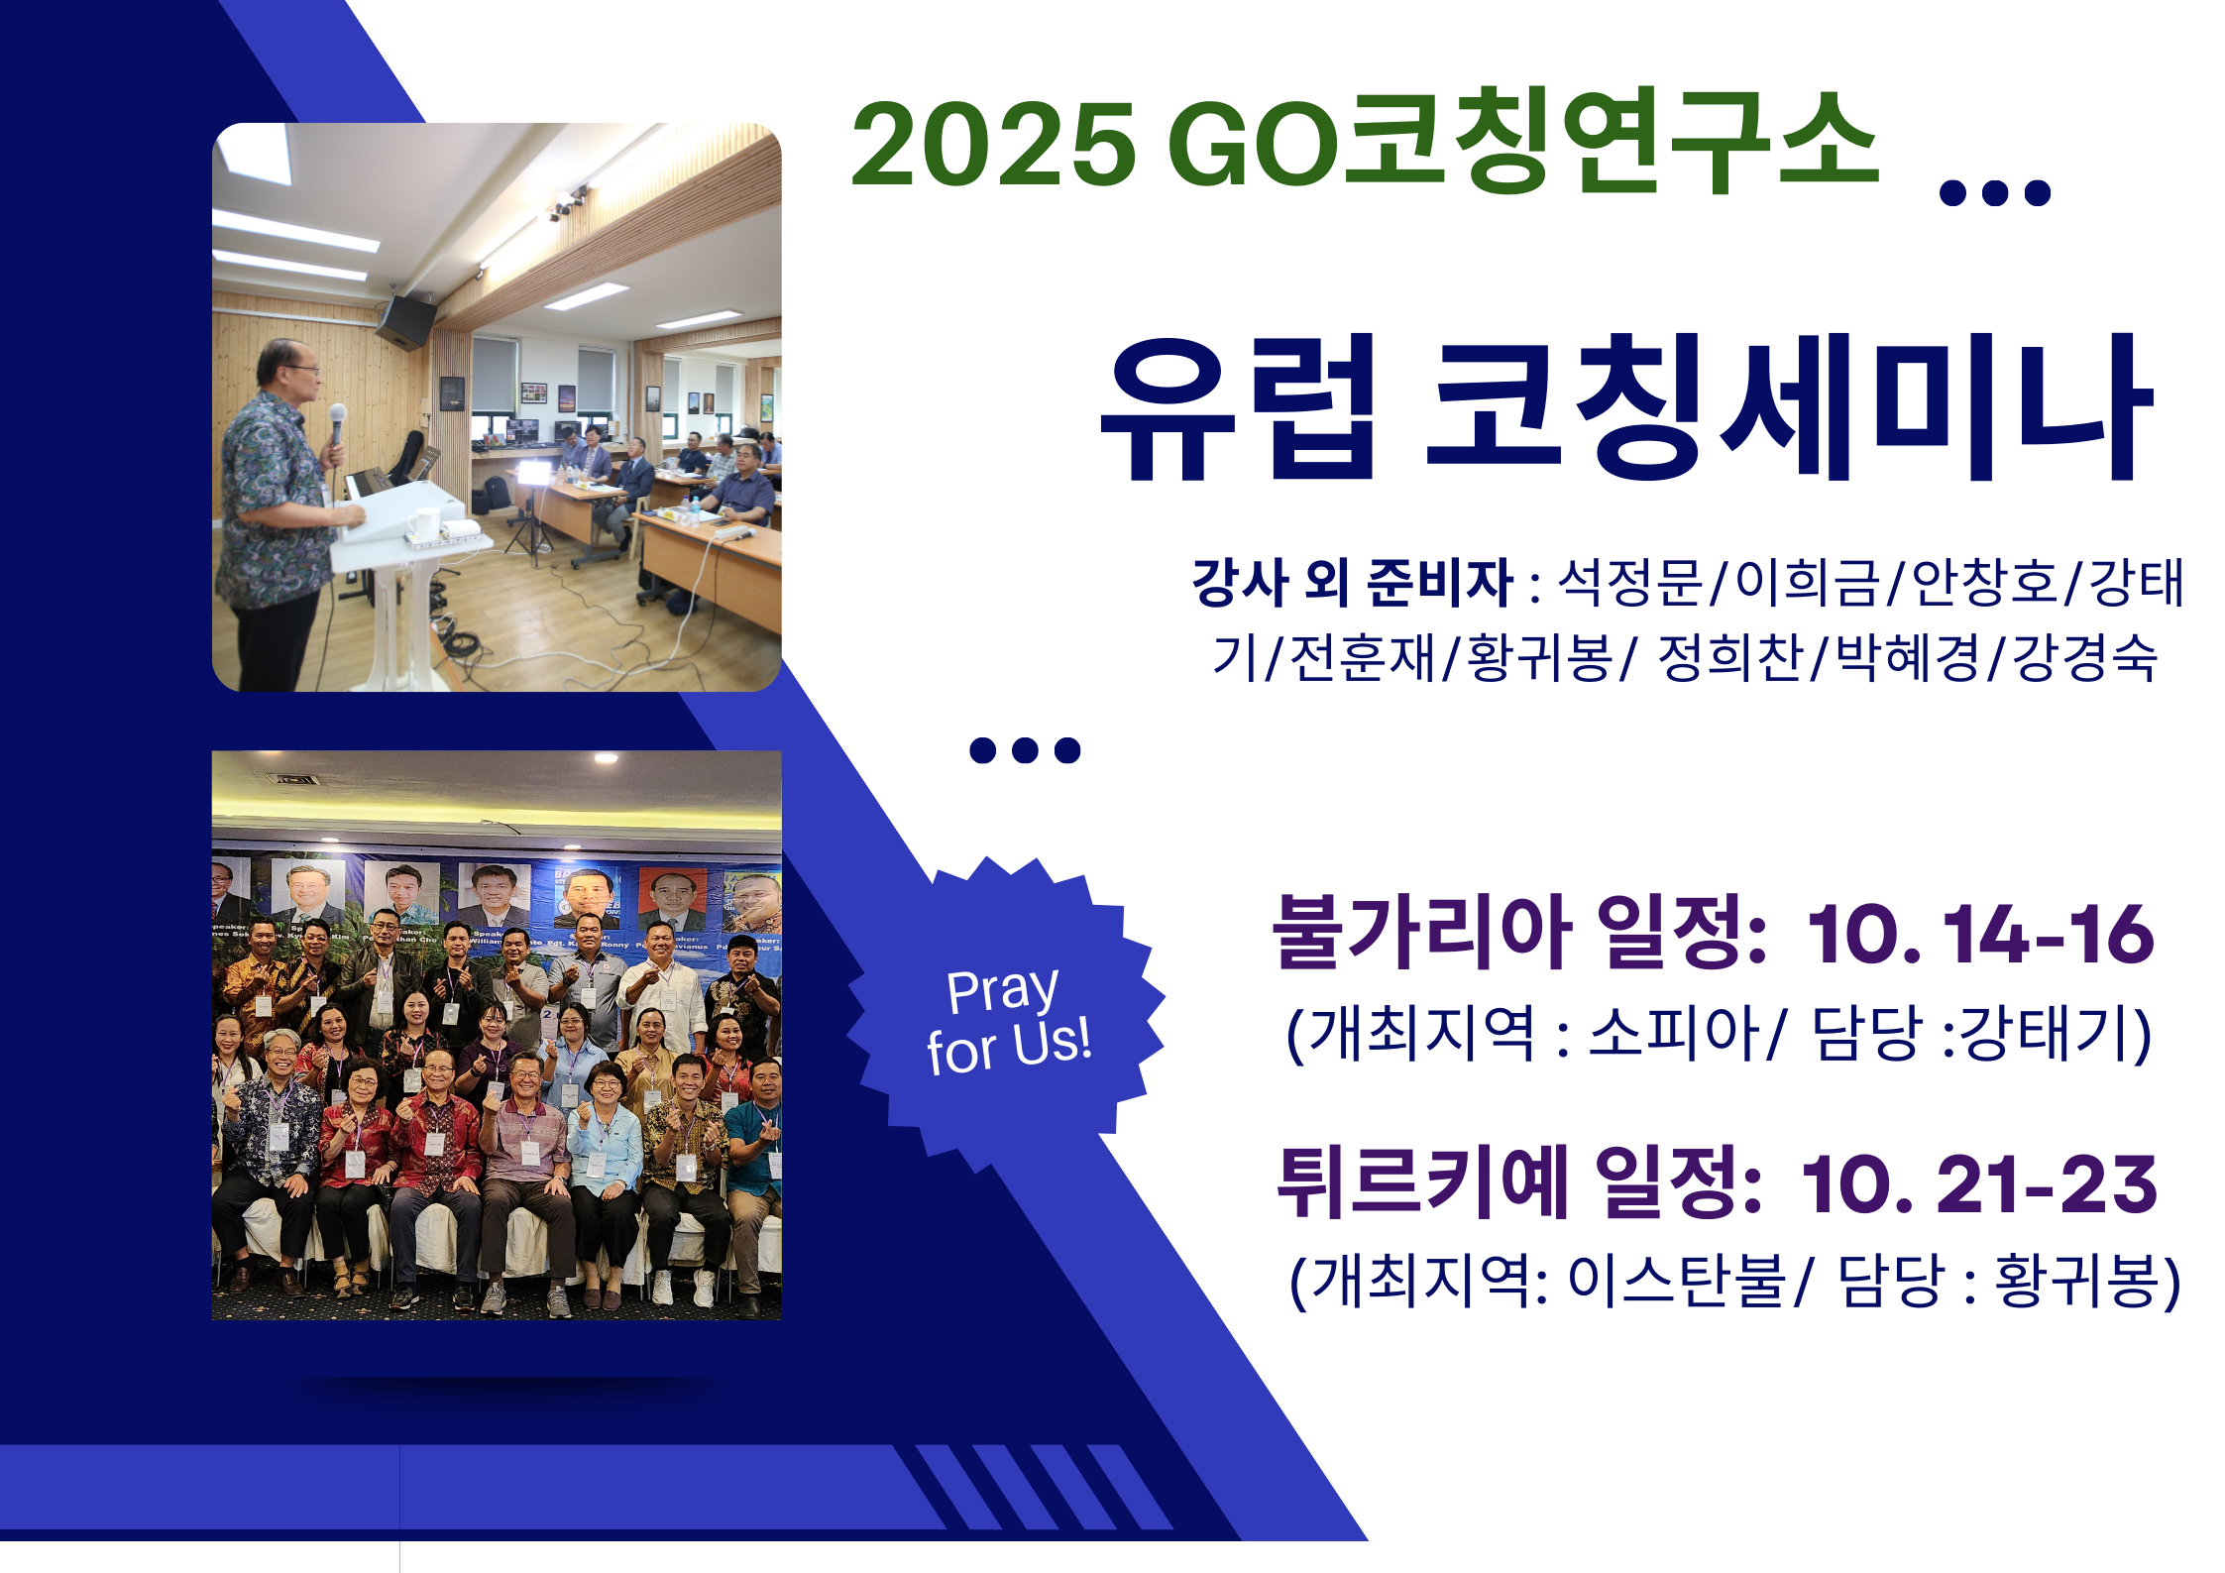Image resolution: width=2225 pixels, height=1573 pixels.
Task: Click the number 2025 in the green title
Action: (x=992, y=145)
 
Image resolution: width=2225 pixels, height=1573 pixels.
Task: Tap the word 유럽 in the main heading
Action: (x=1240, y=408)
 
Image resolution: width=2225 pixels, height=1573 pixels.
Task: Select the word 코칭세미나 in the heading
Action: (x=1789, y=408)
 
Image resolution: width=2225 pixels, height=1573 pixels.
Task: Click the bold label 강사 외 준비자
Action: (x=1352, y=582)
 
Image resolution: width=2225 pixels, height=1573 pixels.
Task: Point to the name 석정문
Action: (x=1630, y=582)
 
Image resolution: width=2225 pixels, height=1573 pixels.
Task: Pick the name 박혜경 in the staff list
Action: (x=1908, y=657)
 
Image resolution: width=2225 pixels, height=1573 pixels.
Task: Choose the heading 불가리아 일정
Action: (x=1519, y=932)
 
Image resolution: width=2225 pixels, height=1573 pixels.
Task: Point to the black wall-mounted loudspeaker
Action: (x=406, y=321)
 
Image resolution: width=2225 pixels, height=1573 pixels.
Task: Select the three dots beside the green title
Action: (x=1994, y=192)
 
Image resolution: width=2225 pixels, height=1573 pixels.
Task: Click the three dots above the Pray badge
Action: (x=1025, y=750)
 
